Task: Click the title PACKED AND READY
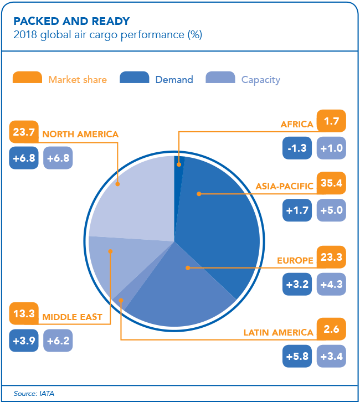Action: (71, 22)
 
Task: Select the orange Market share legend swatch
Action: (27, 78)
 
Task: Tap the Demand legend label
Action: (174, 80)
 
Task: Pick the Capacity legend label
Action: (260, 80)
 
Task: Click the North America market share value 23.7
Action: (24, 133)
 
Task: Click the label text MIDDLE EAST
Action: (72, 317)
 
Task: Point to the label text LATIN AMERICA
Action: (279, 333)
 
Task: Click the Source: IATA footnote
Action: (34, 394)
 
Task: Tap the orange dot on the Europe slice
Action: (188, 267)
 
